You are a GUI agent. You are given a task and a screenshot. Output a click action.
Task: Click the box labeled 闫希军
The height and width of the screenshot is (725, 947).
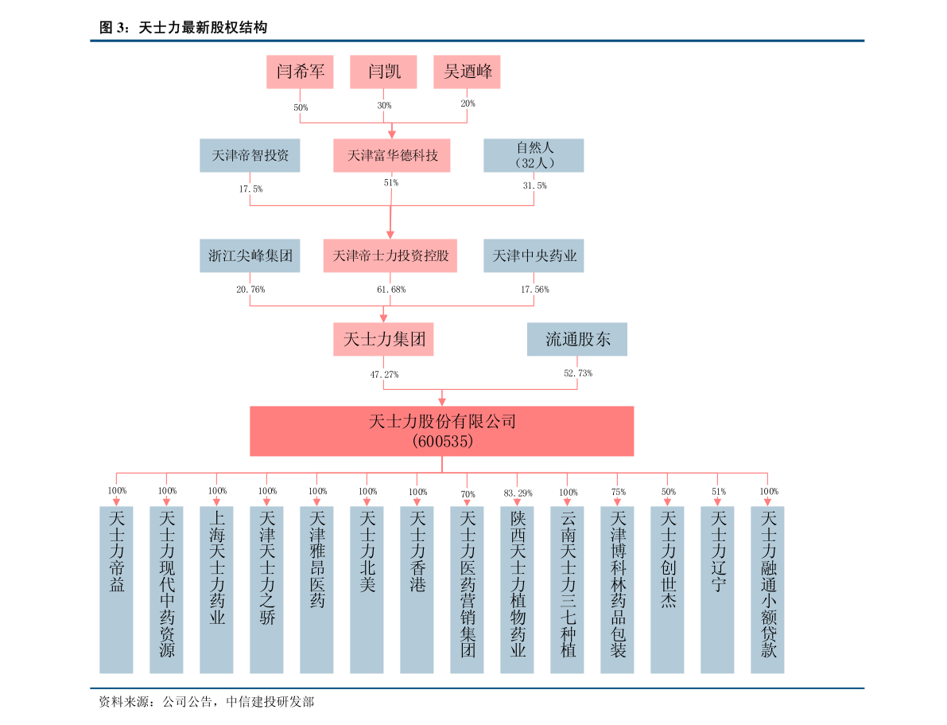(300, 72)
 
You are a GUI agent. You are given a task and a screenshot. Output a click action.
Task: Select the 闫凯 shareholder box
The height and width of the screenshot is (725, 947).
(384, 72)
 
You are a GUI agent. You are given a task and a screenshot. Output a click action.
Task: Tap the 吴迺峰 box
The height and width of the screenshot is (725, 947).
(467, 72)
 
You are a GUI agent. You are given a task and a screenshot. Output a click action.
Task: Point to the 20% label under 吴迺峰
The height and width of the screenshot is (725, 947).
(467, 103)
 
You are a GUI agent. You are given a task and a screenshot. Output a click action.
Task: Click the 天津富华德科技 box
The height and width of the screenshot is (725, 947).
(391, 155)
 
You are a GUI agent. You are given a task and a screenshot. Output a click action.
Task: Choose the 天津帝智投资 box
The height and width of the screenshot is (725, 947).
(250, 155)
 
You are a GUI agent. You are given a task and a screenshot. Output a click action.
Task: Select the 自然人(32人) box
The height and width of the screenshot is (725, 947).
(534, 155)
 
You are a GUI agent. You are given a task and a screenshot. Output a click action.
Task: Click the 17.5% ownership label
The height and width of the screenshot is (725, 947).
(250, 189)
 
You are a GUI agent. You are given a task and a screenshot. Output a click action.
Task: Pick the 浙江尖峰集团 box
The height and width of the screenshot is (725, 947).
(250, 256)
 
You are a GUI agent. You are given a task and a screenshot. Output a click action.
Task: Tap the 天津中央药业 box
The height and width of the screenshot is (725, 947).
(534, 256)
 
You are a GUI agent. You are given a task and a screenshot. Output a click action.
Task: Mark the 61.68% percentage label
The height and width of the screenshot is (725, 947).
(390, 290)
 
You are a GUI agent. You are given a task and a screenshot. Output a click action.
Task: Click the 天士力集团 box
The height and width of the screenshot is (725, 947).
(383, 339)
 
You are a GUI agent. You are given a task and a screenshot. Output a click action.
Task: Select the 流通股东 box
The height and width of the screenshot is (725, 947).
(577, 339)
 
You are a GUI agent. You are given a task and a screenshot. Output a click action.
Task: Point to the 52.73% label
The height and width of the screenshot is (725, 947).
(577, 373)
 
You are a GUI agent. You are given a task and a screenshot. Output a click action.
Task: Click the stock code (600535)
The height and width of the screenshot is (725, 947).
(442, 441)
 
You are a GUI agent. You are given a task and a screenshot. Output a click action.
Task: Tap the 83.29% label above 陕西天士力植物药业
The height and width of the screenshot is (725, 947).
(518, 493)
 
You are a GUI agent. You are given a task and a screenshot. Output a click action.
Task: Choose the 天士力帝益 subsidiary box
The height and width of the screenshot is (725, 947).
(116, 589)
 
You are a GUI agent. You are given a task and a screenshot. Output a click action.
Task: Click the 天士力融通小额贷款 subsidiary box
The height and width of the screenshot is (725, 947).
(767, 589)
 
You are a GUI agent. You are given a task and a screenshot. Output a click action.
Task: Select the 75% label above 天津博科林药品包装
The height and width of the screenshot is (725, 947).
(618, 493)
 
